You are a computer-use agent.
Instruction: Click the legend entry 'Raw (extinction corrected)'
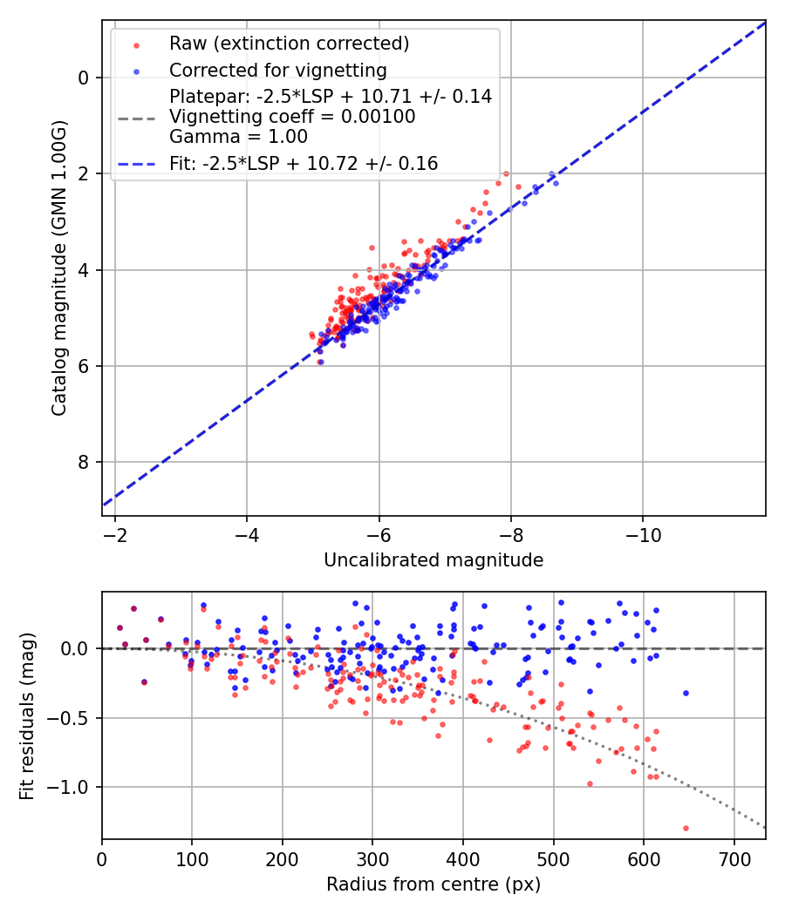pos(289,44)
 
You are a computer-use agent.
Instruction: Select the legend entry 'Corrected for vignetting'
pos(277,70)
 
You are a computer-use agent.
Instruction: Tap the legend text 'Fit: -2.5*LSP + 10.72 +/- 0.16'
pos(304,163)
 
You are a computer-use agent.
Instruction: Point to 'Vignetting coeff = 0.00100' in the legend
pos(292,117)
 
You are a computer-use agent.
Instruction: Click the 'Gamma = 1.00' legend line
pos(238,137)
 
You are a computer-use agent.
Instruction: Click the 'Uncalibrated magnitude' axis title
pos(433,560)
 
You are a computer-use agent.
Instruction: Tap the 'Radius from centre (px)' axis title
pos(433,884)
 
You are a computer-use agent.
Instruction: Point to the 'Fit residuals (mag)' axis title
pos(28,716)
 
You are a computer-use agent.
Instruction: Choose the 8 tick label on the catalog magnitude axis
pos(84,462)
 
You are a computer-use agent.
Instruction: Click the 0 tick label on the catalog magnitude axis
pos(84,78)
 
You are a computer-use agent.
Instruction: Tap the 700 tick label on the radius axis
pos(734,858)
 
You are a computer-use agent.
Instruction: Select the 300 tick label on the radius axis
pos(372,858)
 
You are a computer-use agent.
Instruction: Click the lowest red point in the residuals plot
pos(686,828)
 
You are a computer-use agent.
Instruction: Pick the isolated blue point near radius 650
pos(686,693)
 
